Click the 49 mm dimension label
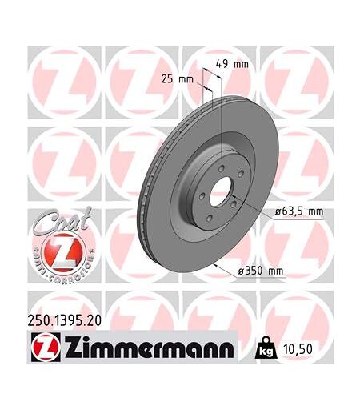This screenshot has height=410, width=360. [232, 64]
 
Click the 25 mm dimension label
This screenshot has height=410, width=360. [177, 79]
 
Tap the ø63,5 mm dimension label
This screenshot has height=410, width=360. [299, 211]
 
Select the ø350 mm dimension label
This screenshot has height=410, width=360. [260, 271]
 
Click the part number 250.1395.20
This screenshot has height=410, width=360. [65, 320]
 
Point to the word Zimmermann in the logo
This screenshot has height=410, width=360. [148, 348]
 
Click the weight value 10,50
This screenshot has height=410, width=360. [298, 349]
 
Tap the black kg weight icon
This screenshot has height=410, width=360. [266, 348]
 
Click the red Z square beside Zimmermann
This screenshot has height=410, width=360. [46, 347]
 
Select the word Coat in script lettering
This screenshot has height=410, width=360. [62, 222]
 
